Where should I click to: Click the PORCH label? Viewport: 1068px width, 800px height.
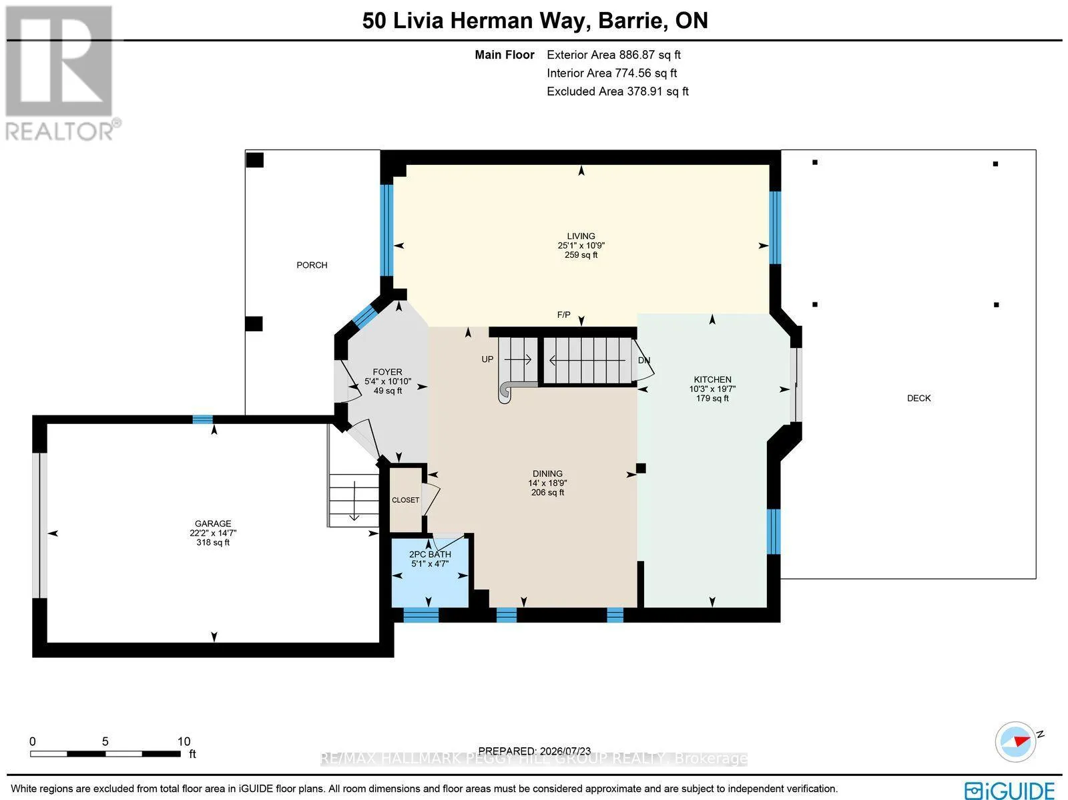coord(312,265)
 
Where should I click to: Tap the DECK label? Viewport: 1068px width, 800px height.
coord(918,398)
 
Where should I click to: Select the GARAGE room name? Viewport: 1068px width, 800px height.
coord(213,524)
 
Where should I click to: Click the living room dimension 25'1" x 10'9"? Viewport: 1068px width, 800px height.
coord(581,246)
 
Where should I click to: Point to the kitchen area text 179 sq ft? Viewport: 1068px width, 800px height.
coord(712,399)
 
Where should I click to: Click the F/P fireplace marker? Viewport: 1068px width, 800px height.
coord(563,315)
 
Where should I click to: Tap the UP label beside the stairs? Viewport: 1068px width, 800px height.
coord(487,360)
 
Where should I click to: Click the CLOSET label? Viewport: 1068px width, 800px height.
coord(405,500)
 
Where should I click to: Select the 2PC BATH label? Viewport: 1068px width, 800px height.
coord(430,554)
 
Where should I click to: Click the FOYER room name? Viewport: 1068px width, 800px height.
coord(387,372)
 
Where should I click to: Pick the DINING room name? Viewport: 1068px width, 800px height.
coord(547,473)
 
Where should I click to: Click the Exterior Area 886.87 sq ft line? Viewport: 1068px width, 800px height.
coord(613,55)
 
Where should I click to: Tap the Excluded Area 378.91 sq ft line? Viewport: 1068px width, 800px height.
coord(617,91)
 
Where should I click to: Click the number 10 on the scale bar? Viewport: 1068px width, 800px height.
coord(184,741)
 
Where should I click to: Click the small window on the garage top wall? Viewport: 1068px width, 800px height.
coord(202,419)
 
